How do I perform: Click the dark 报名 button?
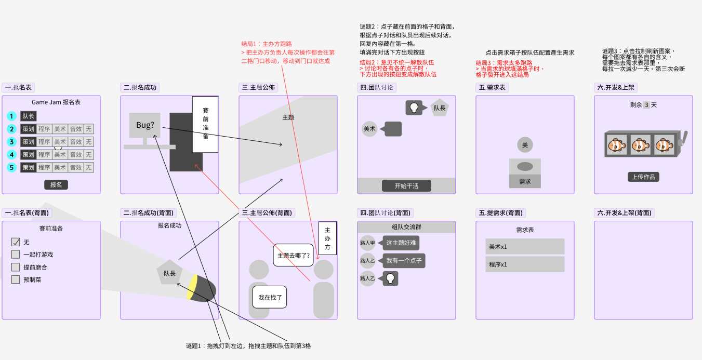point(56,184)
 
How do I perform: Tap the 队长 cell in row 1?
point(29,116)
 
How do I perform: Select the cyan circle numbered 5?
point(12,168)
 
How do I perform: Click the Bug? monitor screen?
point(145,125)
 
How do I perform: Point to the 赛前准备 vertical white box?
point(205,124)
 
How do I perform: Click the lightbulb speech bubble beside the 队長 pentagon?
point(414,108)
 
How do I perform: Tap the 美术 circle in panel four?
point(369,129)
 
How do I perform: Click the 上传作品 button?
point(643,177)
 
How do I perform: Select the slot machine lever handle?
point(684,138)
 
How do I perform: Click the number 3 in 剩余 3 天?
point(646,105)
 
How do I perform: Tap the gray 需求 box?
point(525,181)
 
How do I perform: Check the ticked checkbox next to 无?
point(16,242)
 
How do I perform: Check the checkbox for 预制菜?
point(16,279)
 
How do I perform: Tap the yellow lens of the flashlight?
point(192,287)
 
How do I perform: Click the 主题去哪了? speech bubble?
point(293,256)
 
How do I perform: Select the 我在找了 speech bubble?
point(270,298)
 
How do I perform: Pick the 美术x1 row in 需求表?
point(525,247)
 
